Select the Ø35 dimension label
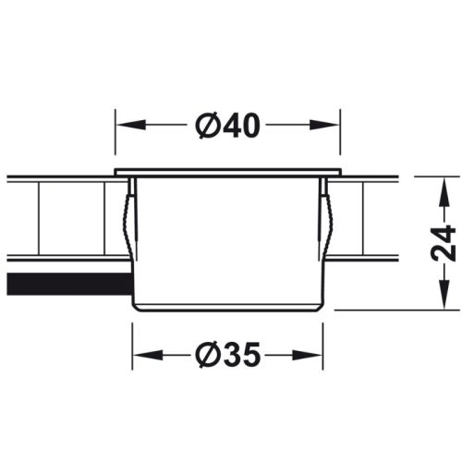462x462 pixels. (227, 354)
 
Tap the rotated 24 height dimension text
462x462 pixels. (444, 242)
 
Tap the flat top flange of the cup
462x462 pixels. (228, 172)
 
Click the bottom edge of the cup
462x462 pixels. (228, 309)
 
